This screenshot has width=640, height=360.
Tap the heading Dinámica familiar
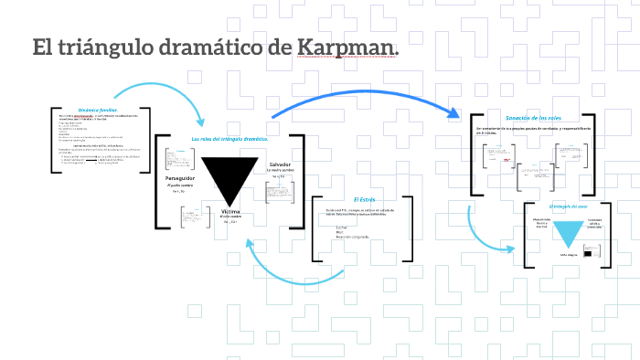(x=98, y=109)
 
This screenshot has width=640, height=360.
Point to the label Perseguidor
(x=181, y=177)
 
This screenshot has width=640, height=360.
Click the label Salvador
(x=279, y=164)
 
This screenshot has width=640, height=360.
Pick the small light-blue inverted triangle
(x=570, y=232)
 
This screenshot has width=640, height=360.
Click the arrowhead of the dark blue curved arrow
(x=453, y=112)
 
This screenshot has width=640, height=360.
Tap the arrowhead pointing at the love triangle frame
(x=515, y=248)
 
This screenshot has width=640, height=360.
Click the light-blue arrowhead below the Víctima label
(x=249, y=239)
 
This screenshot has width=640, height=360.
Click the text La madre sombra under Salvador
(x=280, y=171)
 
